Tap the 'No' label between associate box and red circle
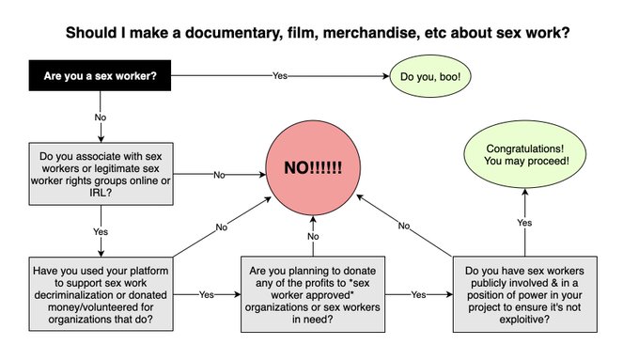tap(218, 175)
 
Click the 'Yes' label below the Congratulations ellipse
tap(523, 223)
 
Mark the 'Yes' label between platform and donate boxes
tap(207, 293)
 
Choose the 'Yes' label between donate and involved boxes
tap(419, 293)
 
